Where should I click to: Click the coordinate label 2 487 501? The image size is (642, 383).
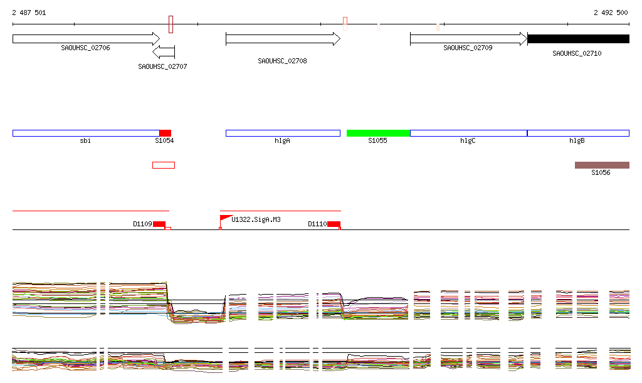[x=29, y=13]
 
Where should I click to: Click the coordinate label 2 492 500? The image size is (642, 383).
[x=611, y=13]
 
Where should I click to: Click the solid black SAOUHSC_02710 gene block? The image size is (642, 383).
[x=578, y=39]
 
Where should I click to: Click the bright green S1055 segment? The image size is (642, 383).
[x=378, y=133]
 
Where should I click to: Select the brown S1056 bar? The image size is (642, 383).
[x=602, y=165]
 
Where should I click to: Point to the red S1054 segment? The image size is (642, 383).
[x=165, y=133]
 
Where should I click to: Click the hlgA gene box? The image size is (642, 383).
[x=283, y=133]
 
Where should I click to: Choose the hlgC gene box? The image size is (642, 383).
[x=468, y=133]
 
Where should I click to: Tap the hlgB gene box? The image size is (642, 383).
[x=578, y=133]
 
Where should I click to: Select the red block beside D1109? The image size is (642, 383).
[x=159, y=224]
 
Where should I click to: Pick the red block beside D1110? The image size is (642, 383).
[x=334, y=224]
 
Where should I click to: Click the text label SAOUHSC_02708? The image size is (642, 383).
[x=282, y=61]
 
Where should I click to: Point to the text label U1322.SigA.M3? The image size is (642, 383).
[x=256, y=219]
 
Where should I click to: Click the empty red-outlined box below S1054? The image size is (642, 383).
[x=164, y=165]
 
